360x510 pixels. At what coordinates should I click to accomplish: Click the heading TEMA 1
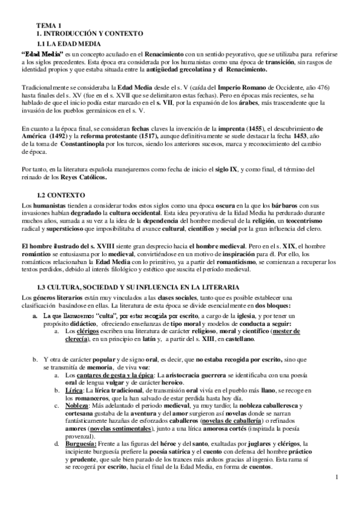pos(49,25)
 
